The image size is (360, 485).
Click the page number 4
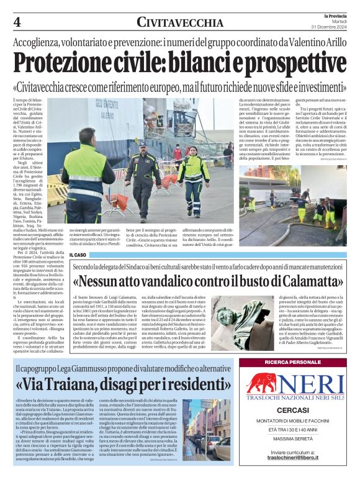coord(17,21)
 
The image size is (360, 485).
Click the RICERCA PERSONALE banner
coord(292,362)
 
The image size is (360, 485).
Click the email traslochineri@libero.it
coord(292,474)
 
